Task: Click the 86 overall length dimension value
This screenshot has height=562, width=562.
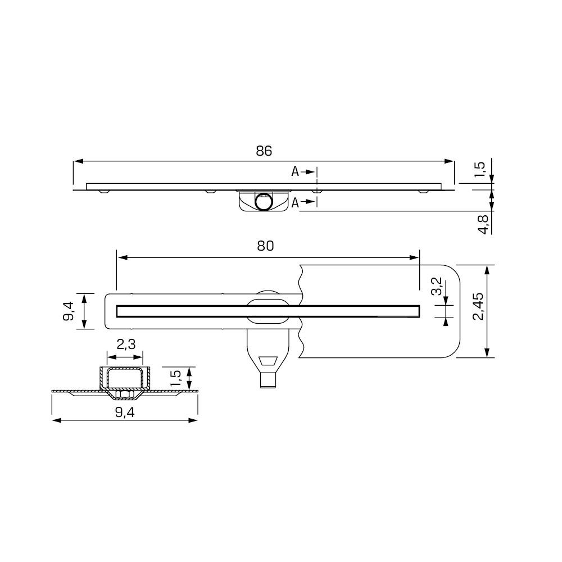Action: click(x=264, y=151)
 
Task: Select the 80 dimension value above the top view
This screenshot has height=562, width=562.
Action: click(x=266, y=246)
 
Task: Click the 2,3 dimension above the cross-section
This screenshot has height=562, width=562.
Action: click(x=125, y=345)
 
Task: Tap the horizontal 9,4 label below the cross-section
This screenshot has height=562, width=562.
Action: click(x=125, y=412)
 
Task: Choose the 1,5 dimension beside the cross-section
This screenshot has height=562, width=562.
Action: click(x=175, y=378)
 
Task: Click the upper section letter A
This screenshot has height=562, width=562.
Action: click(x=294, y=172)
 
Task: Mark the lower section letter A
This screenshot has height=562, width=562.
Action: click(x=294, y=203)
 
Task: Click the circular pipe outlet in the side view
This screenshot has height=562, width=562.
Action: click(x=263, y=201)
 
